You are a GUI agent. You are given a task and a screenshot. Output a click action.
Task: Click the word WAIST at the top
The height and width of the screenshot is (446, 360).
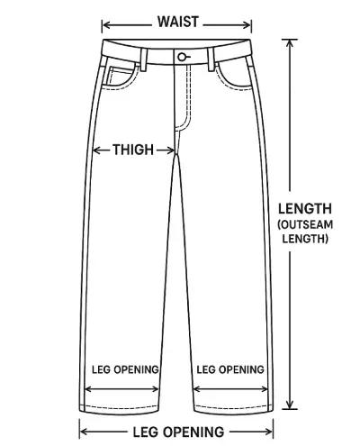point(178,22)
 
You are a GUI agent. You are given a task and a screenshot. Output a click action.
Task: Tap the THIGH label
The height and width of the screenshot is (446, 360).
point(133,150)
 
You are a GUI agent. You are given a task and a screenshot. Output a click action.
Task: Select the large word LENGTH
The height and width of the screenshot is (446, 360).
point(305,209)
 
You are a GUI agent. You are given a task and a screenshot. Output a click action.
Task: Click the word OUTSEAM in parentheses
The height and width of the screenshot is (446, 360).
point(306,224)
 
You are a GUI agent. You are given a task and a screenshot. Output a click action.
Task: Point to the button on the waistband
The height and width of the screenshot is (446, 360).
point(182,57)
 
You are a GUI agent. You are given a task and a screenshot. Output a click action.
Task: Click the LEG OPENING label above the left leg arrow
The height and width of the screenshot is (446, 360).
point(125,369)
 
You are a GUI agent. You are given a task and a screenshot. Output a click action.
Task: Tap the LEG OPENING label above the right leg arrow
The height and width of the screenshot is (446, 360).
point(230,369)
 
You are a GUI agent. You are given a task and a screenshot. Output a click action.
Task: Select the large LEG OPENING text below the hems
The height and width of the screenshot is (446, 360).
point(178,432)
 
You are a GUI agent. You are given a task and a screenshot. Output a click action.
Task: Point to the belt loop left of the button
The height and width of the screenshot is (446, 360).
point(144,59)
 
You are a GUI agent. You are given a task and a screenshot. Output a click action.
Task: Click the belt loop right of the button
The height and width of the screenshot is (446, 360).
point(211,59)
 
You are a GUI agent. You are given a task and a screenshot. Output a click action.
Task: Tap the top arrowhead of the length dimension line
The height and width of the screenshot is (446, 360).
point(290,43)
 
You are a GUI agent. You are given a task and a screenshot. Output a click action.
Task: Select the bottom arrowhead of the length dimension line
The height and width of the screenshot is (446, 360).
point(290,405)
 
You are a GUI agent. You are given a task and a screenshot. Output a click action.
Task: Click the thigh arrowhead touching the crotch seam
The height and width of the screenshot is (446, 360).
point(171,150)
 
